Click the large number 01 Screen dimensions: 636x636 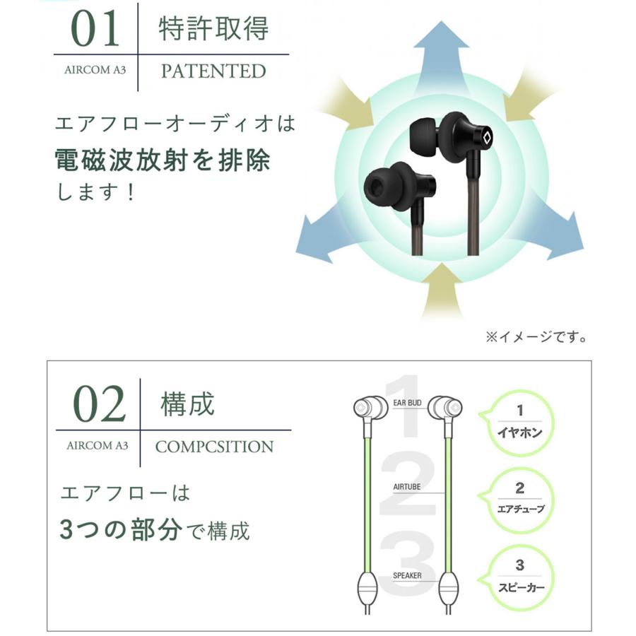pos(96,29)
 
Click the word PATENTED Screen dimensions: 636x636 pos(213,71)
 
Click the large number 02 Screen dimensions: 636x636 pos(100,404)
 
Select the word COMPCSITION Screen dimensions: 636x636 pos(214,447)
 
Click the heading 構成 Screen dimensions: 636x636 pos(187,405)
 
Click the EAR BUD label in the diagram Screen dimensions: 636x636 pos(408,404)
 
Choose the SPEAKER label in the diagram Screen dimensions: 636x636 pos(407,575)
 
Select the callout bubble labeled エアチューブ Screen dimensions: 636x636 pos(519,498)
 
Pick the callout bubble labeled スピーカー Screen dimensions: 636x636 pos(519,576)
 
